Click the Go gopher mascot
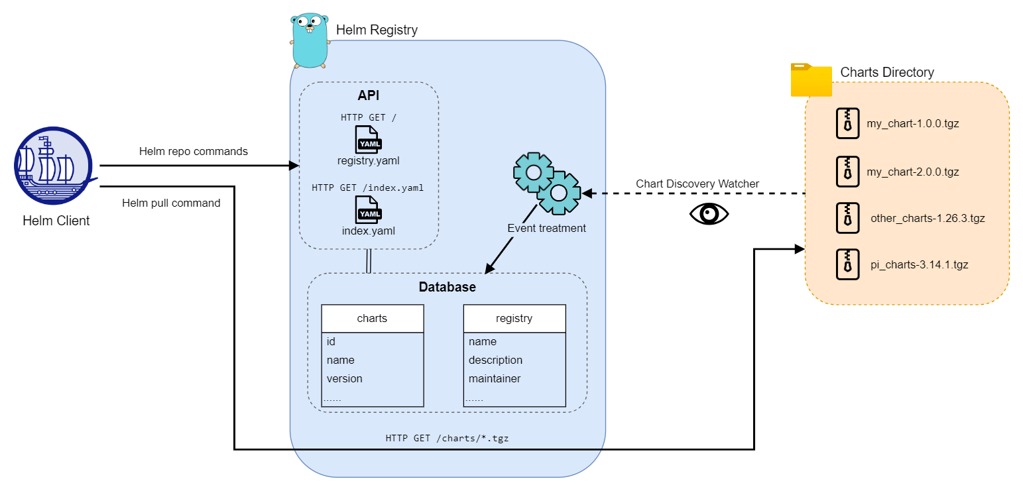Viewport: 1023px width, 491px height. click(x=310, y=41)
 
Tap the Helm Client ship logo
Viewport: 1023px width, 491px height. click(x=52, y=166)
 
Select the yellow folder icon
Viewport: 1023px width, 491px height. click(x=811, y=80)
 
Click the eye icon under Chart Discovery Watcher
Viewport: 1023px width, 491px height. click(x=709, y=213)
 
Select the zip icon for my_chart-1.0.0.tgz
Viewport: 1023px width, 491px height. click(x=847, y=123)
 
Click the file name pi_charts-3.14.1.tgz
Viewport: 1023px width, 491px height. click(x=919, y=265)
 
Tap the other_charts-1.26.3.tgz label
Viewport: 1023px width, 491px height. click(x=928, y=218)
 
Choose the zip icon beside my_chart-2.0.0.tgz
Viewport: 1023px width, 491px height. click(x=847, y=171)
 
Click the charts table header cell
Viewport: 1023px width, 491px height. click(x=372, y=319)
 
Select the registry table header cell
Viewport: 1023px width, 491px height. click(x=514, y=319)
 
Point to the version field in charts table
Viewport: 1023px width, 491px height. click(x=345, y=379)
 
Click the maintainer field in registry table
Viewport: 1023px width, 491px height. click(x=495, y=379)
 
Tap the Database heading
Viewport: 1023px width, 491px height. click(x=447, y=288)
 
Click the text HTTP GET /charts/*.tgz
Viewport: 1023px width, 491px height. click(x=447, y=438)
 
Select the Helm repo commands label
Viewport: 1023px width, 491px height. click(x=194, y=152)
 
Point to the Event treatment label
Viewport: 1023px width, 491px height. click(x=546, y=229)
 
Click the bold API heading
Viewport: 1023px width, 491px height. click(x=369, y=95)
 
